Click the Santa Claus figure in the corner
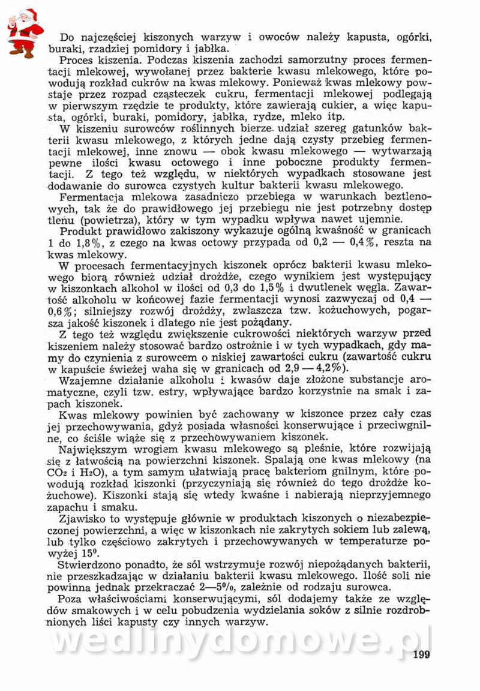pos(23,32)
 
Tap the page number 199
pos(422,654)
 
